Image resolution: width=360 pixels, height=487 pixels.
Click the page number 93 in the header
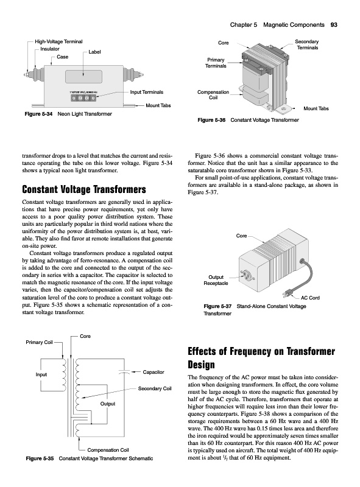coord(334,25)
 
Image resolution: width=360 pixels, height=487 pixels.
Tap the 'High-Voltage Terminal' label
coord(58,41)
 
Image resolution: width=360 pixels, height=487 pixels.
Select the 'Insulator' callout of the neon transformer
coord(50,49)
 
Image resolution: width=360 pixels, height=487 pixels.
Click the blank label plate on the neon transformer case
coord(83,77)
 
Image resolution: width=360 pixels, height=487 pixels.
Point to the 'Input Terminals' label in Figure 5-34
coord(146,92)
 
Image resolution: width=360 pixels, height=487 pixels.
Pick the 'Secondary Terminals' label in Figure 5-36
coord(307,44)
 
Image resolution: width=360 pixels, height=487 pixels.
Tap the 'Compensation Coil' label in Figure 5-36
coord(213,95)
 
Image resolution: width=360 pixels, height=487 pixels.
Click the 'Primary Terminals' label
coord(216,63)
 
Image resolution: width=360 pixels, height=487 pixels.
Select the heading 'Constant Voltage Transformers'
coord(84,189)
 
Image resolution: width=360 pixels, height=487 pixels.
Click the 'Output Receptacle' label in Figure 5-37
coord(216,280)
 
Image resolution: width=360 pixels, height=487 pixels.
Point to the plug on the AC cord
coord(287,293)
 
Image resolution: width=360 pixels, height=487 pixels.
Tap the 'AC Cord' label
coord(310,298)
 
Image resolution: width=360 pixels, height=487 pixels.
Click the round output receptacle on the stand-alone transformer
coord(246,273)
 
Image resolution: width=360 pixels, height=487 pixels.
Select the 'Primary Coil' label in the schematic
coord(39,342)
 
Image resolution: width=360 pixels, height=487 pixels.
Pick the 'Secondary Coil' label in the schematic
coord(155,388)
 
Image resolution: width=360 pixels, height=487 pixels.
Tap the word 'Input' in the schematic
coord(41,374)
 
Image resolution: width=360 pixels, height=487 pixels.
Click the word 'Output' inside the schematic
coord(108,404)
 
